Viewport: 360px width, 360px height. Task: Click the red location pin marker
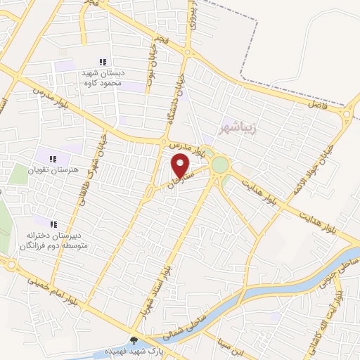click(x=181, y=167)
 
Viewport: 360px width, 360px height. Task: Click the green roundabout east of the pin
click(x=220, y=165)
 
